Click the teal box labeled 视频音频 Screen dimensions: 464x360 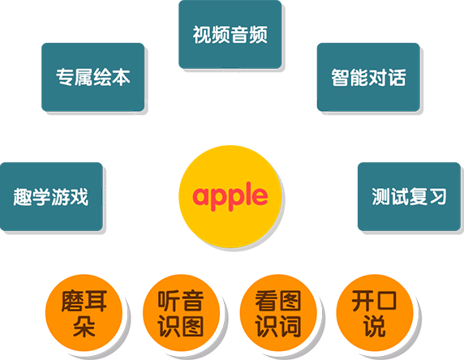click(230, 34)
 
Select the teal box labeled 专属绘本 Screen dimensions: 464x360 click(93, 77)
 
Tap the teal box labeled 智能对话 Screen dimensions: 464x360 click(368, 77)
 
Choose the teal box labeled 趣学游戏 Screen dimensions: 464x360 click(51, 197)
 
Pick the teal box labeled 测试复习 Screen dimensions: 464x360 click(410, 197)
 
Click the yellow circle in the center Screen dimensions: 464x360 click(230, 196)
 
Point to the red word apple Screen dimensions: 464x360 click(230, 196)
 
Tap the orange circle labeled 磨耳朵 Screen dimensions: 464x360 click(84, 313)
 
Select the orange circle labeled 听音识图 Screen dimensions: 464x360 click(181, 313)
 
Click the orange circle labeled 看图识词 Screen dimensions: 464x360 click(278, 313)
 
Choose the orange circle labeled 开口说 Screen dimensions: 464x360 click(375, 313)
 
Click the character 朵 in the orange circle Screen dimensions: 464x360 click(84, 326)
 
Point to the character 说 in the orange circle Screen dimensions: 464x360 click(375, 326)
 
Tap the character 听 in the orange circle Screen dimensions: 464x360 click(169, 301)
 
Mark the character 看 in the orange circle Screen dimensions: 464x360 click(266, 301)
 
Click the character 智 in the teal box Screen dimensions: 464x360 click(341, 78)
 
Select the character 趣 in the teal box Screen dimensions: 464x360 click(23, 197)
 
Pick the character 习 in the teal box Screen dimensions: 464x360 click(438, 197)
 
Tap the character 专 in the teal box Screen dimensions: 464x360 click(65, 77)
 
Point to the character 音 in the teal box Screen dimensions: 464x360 click(239, 35)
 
